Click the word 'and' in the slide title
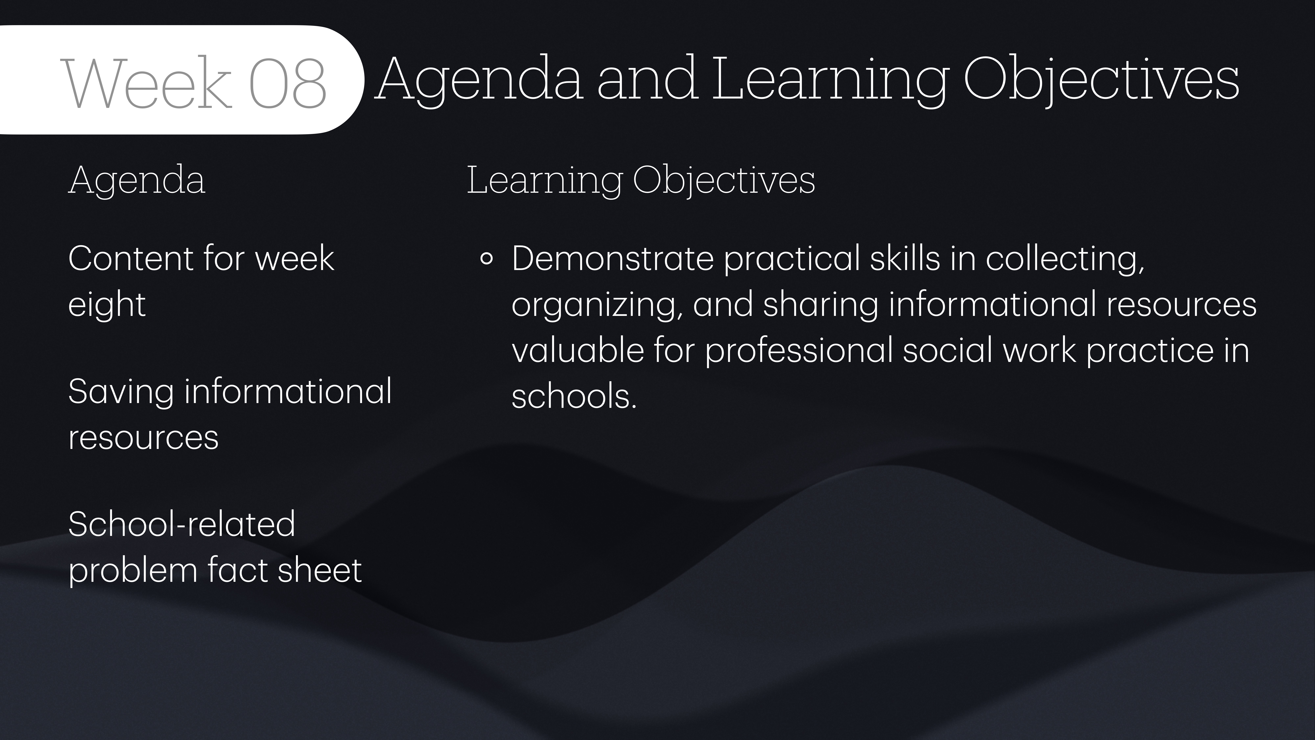(x=647, y=79)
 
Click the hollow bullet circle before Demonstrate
(x=486, y=259)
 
